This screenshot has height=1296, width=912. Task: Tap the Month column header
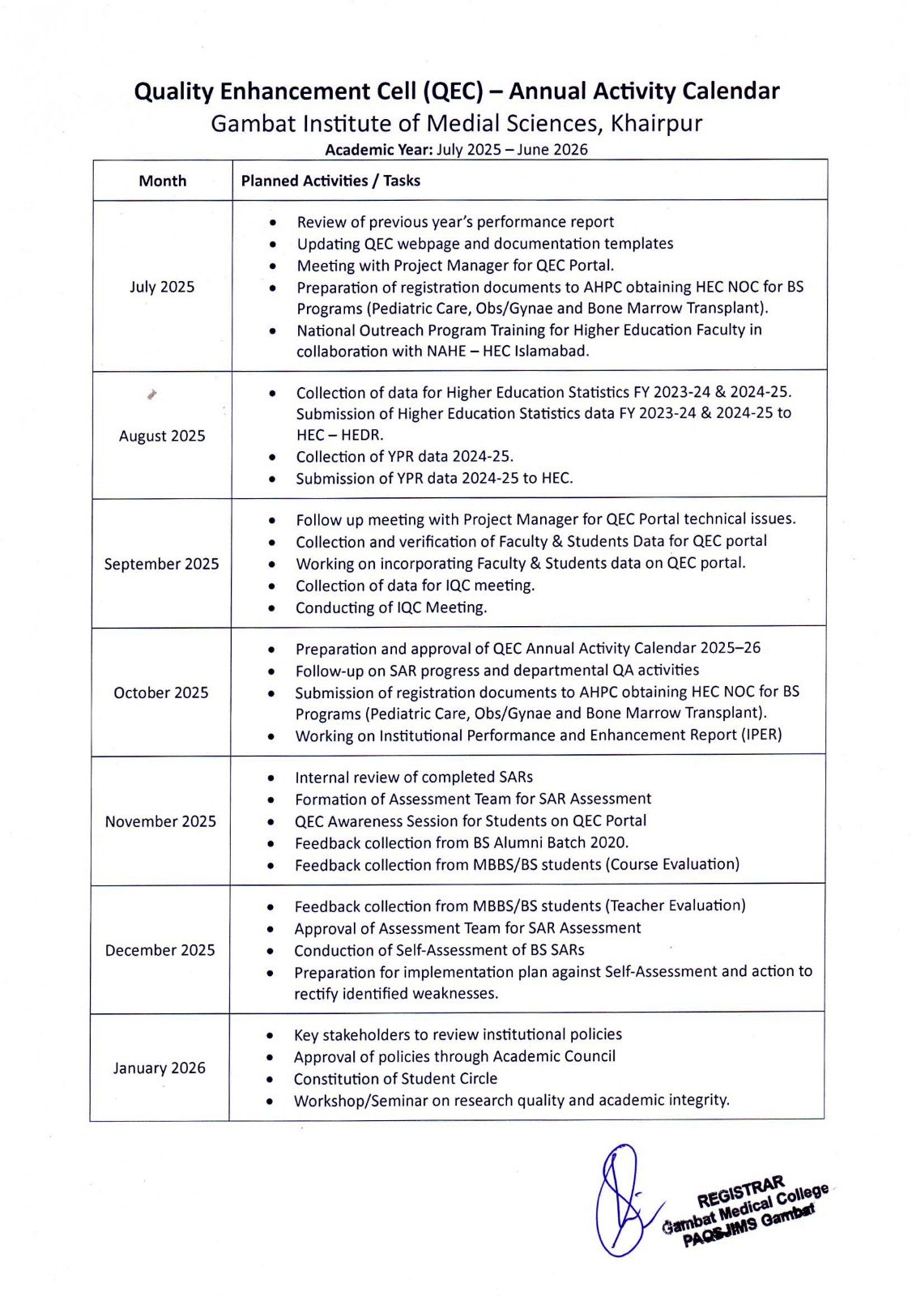tap(162, 181)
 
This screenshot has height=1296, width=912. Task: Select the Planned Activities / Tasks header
tap(330, 181)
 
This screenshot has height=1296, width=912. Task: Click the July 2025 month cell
tap(162, 287)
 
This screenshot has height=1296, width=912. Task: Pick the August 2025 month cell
tap(162, 436)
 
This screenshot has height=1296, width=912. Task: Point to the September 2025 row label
tap(161, 564)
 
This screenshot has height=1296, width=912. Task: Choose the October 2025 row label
tap(161, 693)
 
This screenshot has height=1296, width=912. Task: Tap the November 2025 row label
tap(160, 821)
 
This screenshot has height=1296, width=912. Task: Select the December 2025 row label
tap(160, 950)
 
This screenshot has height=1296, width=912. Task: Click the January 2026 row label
tap(160, 1068)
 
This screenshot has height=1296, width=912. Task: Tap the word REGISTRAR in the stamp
tap(740, 1190)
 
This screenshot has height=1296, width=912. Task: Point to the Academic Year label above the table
tap(378, 150)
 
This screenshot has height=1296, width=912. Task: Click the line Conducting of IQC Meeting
tap(391, 607)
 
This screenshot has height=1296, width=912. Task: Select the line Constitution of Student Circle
tap(395, 1079)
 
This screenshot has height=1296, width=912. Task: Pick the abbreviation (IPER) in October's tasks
tap(761, 735)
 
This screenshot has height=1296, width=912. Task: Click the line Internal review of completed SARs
tap(414, 778)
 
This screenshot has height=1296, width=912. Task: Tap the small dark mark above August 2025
tap(151, 394)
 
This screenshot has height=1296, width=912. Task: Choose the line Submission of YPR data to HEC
tap(434, 479)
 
